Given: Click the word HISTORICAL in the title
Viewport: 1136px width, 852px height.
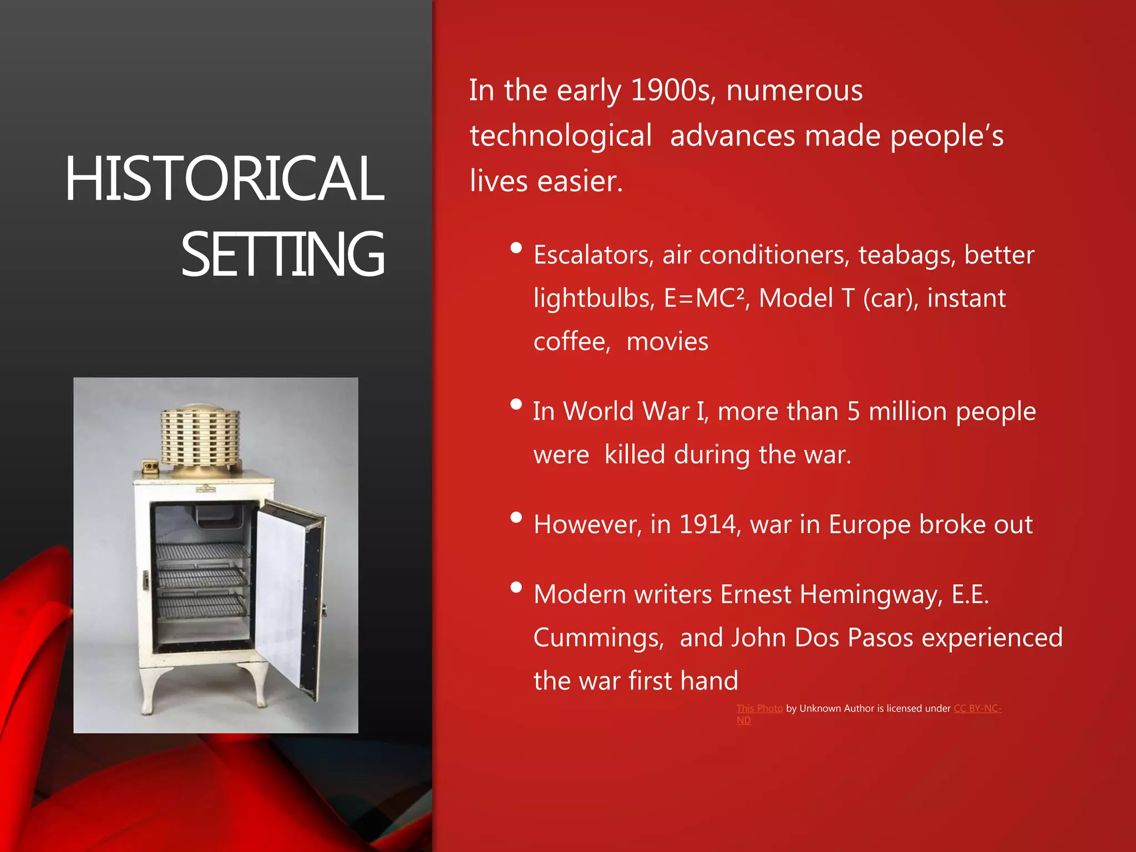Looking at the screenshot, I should coord(224,179).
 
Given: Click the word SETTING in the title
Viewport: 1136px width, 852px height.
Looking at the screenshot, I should coord(283,255).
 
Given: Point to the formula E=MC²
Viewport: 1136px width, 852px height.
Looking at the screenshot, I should coord(704,298).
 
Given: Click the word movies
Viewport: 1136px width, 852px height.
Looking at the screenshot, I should coord(667,342).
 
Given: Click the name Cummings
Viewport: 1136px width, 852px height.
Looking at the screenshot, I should coord(598,638).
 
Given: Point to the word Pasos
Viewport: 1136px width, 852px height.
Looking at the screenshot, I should coord(880,638).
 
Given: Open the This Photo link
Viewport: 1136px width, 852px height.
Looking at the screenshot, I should coord(759,708).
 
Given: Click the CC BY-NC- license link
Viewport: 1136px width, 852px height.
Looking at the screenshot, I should coord(977,708).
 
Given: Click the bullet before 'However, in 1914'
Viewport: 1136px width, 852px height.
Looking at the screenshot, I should coord(516,518).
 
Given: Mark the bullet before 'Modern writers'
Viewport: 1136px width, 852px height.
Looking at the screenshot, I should coord(516,587).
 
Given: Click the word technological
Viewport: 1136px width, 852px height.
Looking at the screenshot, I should coord(561,136).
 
